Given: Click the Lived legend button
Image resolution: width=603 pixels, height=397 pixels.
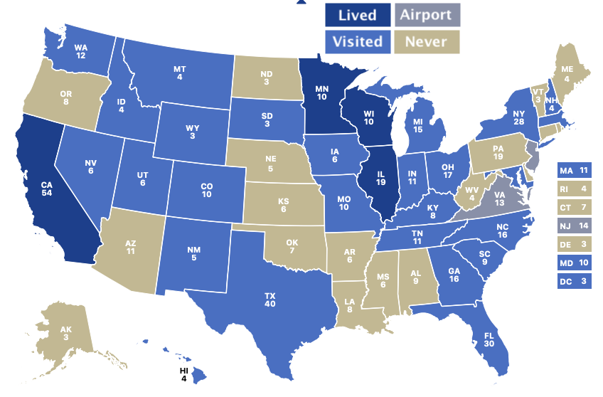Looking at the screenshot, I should point(358,15).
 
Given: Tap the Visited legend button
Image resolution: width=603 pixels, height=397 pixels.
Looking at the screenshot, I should point(358,41).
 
